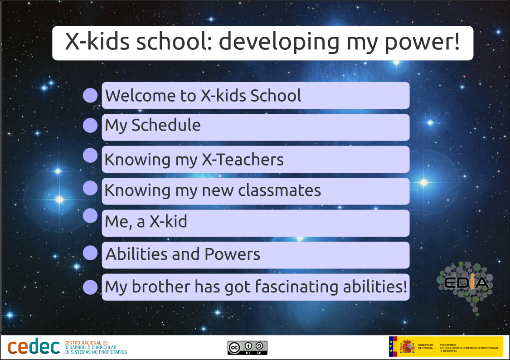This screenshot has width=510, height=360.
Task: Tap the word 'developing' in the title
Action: [x=279, y=42]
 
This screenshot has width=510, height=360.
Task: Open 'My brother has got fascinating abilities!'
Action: [x=256, y=287]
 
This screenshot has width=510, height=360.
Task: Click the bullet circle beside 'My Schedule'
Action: [x=90, y=126]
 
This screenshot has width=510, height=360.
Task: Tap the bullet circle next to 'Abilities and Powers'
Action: [x=90, y=253]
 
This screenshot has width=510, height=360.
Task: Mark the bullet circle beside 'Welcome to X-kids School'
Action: [x=90, y=95]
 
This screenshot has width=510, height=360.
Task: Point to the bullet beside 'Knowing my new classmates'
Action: [x=90, y=188]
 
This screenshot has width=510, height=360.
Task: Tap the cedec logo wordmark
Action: [x=34, y=347]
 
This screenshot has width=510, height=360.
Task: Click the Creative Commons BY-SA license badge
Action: [x=247, y=348]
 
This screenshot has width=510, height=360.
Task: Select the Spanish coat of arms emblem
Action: [x=407, y=347]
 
